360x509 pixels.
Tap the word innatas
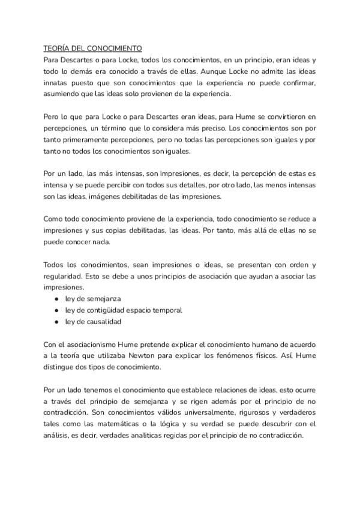(58, 83)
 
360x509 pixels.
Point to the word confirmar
(298, 83)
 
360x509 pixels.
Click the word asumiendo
(63, 94)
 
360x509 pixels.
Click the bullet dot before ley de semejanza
(56, 299)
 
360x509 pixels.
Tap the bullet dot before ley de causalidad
(56, 322)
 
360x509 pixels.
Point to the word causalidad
(103, 322)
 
